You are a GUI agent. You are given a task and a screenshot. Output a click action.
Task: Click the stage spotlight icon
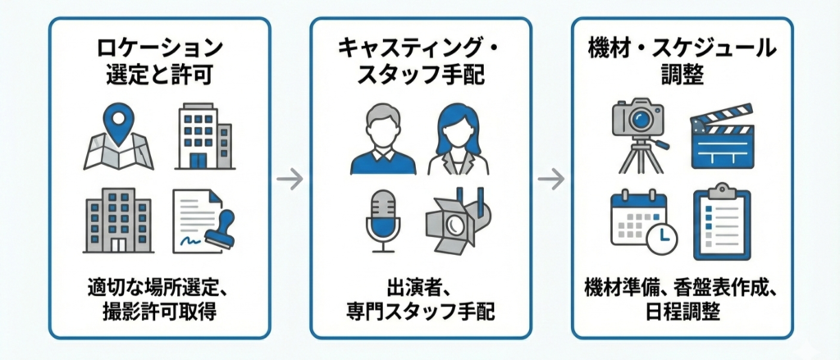click(457, 220)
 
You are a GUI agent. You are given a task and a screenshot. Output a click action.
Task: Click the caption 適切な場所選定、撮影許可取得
click(159, 301)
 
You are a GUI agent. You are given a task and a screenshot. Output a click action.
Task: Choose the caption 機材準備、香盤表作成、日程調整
click(682, 301)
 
